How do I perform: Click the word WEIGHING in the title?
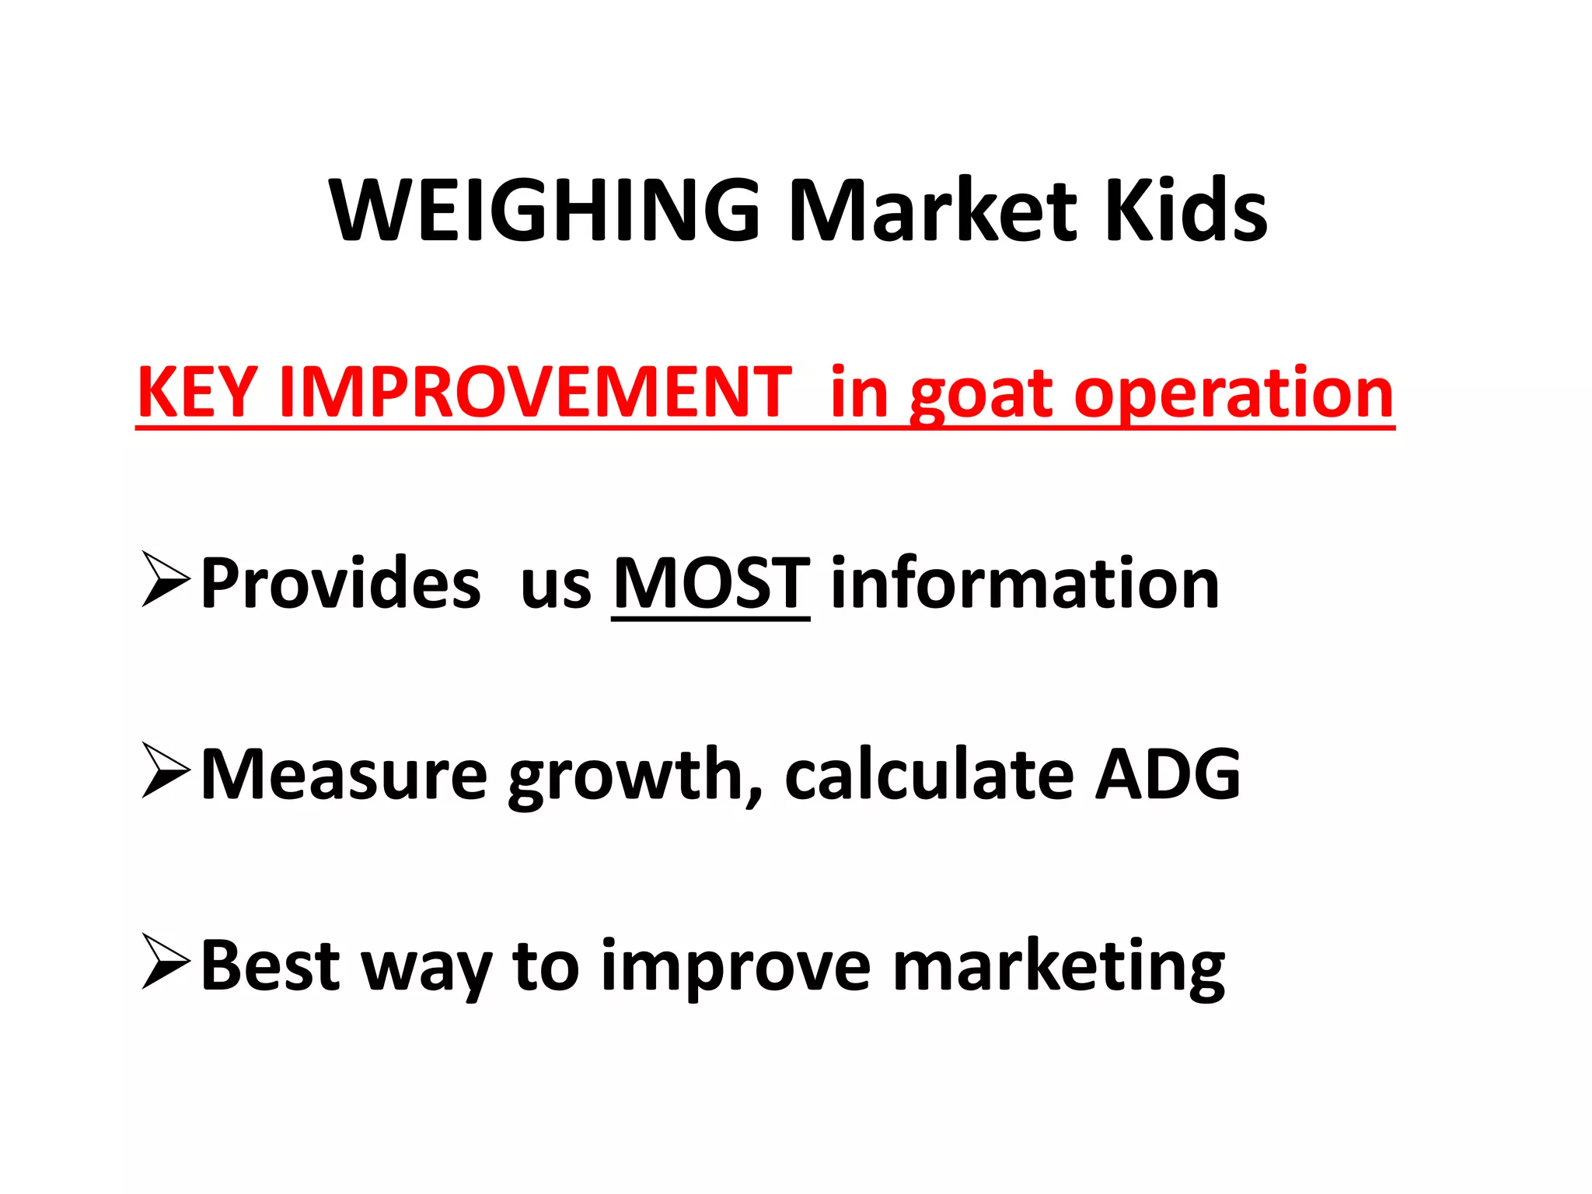(x=544, y=211)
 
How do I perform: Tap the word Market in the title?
(x=933, y=211)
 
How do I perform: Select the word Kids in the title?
(x=1186, y=211)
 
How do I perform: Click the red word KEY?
(x=197, y=393)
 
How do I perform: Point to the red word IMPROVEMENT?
(x=536, y=393)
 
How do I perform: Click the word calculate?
(x=930, y=774)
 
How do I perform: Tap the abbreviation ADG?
(x=1168, y=774)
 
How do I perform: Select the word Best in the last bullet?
(x=271, y=965)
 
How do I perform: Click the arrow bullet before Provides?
(x=166, y=579)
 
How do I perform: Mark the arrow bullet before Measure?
(x=166, y=770)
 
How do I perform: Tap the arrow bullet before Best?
(x=166, y=962)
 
